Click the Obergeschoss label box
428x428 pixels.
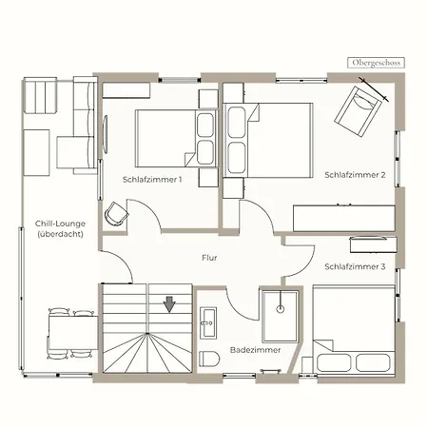[x=376, y=63]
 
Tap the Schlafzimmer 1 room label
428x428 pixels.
[x=152, y=180]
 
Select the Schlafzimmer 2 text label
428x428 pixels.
[x=355, y=175]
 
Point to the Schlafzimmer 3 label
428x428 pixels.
[x=355, y=266]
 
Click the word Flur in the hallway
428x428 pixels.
[x=209, y=258]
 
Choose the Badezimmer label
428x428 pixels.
[x=256, y=350]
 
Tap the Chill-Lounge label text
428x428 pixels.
[x=60, y=224]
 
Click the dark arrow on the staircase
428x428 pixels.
[x=169, y=304]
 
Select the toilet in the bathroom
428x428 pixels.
[x=209, y=359]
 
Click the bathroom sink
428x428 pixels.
[x=208, y=322]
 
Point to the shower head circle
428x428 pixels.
[x=281, y=309]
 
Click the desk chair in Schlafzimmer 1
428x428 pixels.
[x=116, y=214]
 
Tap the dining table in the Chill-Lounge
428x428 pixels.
[x=73, y=332]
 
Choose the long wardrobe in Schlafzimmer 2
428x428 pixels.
[x=344, y=219]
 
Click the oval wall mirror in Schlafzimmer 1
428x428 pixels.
[x=105, y=134]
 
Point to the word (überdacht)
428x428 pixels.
[x=60, y=234]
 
